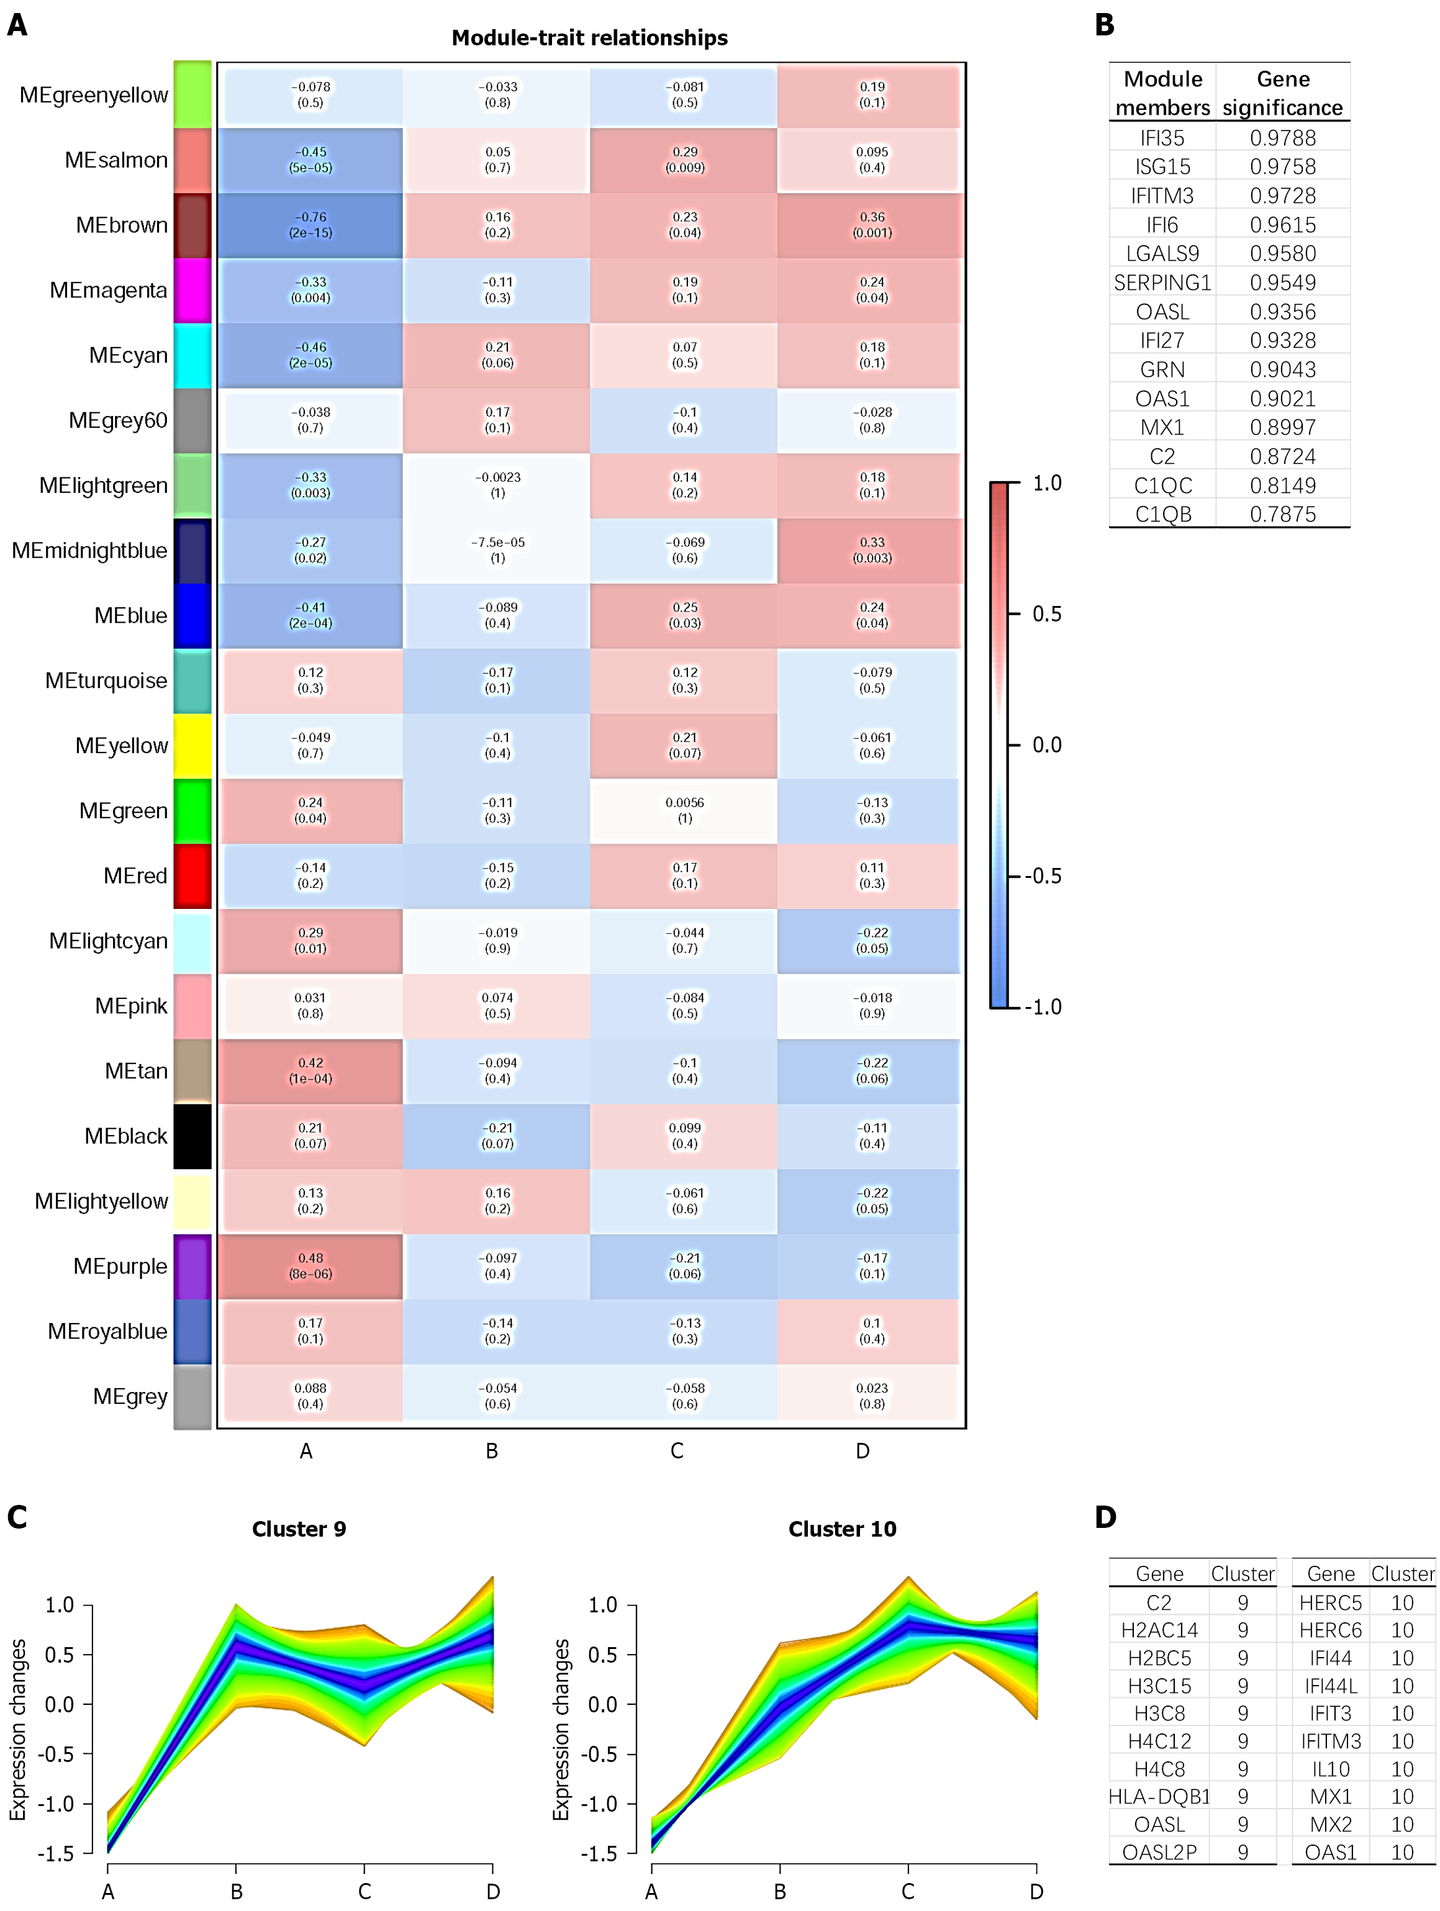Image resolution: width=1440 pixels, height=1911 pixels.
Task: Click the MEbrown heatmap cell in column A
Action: tap(310, 225)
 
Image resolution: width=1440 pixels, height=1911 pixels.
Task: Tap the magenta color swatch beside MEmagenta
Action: tap(192, 291)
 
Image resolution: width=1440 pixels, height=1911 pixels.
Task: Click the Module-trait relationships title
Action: tap(589, 38)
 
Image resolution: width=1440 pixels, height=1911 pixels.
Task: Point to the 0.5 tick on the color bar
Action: tap(1046, 614)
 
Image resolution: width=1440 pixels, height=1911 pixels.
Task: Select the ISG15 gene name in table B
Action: tap(1162, 167)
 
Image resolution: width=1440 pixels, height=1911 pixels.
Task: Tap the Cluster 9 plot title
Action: tap(299, 1529)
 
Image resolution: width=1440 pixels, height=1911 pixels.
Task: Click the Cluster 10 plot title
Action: tap(841, 1529)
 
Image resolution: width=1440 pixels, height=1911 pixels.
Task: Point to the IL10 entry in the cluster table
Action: tap(1330, 1768)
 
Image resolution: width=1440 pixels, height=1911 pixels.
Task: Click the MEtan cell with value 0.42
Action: tap(310, 1071)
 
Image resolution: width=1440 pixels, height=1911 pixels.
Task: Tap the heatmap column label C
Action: tap(676, 1450)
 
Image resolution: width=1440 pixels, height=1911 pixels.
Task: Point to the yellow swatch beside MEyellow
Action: tap(192, 746)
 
